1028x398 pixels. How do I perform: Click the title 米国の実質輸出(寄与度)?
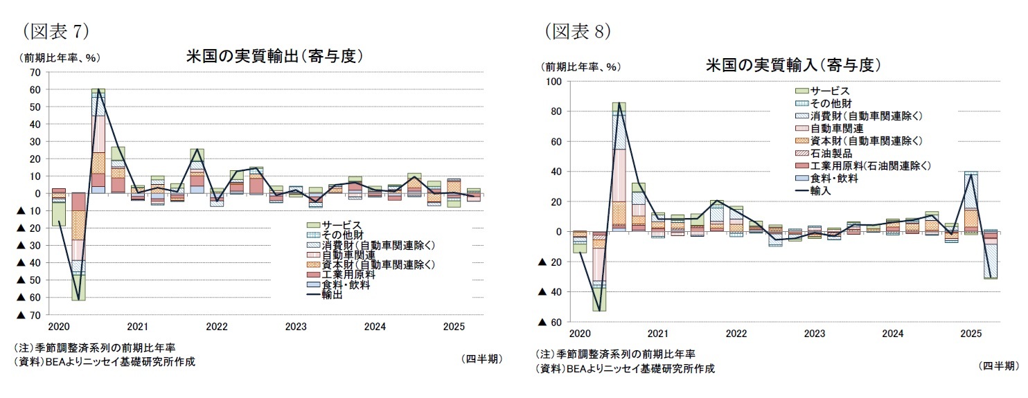coord(275,57)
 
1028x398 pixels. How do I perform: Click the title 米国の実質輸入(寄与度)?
coord(792,66)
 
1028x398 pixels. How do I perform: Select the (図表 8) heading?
coord(577,31)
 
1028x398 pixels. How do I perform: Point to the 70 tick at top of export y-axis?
coord(34,73)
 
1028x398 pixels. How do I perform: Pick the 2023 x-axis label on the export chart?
coord(296,326)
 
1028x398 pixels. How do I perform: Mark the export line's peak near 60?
coord(98,89)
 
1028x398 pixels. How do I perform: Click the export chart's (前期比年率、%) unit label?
coord(62,57)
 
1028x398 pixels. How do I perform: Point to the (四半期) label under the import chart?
coord(998,365)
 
